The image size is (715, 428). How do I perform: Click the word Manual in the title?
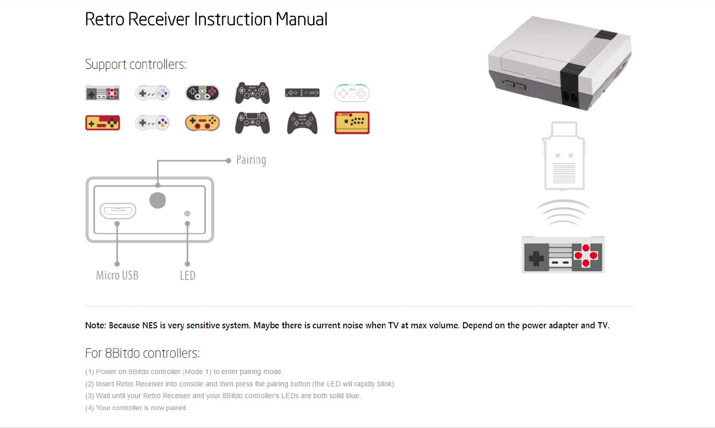click(x=301, y=20)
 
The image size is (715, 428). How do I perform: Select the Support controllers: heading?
click(x=136, y=65)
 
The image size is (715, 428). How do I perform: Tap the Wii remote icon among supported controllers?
click(x=302, y=93)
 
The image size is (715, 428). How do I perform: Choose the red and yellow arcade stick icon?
click(x=352, y=123)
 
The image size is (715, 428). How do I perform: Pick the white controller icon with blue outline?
click(x=352, y=93)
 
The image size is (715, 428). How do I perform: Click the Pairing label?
click(x=251, y=160)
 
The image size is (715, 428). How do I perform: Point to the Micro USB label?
click(x=117, y=275)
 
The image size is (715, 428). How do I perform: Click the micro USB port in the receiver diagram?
click(x=118, y=211)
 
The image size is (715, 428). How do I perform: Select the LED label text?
click(x=187, y=276)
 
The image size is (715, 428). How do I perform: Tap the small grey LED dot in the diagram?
click(x=187, y=213)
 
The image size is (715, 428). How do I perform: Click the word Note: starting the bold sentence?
click(x=96, y=326)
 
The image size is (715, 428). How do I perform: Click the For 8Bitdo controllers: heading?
click(x=142, y=353)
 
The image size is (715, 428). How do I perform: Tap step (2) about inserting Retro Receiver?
click(x=240, y=384)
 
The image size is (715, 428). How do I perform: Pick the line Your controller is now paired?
click(x=137, y=408)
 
